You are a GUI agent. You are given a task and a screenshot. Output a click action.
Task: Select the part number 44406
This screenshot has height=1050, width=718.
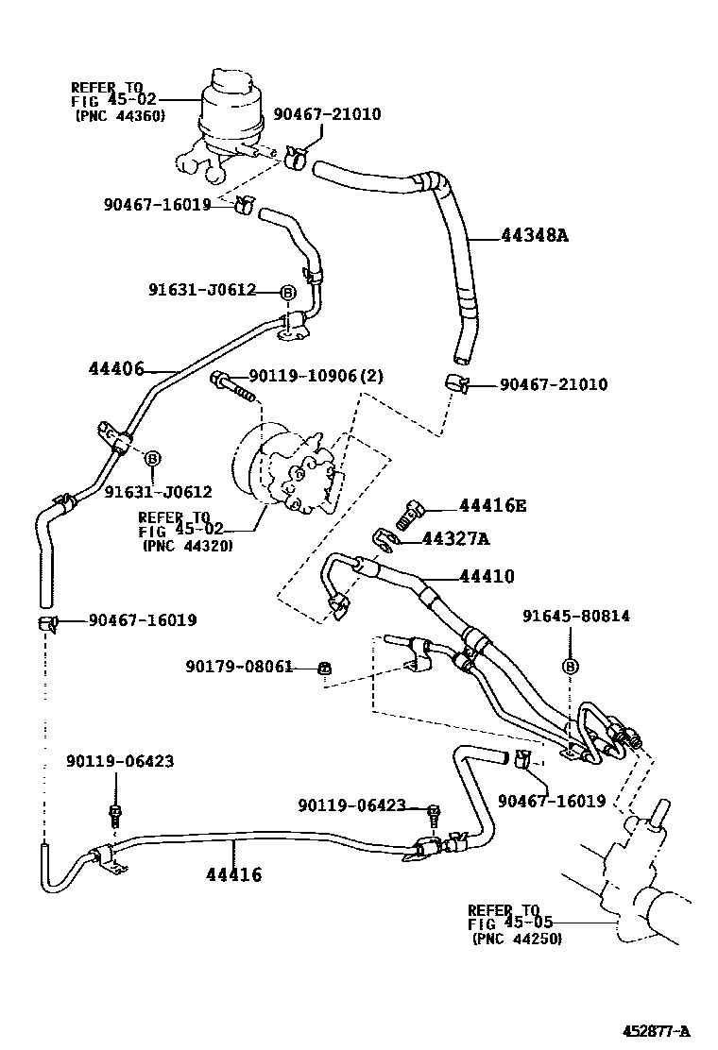(x=117, y=369)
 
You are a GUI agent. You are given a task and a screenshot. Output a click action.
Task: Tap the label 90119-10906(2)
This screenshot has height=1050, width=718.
(x=316, y=377)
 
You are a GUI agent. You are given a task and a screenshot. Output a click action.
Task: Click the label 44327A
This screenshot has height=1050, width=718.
(x=456, y=539)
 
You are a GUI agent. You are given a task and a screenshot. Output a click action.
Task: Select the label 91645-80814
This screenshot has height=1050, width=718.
(x=576, y=617)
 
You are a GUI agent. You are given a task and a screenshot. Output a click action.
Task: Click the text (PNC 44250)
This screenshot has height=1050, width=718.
(x=516, y=939)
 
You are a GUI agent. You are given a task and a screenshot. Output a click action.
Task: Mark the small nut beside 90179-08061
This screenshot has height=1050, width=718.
(x=324, y=669)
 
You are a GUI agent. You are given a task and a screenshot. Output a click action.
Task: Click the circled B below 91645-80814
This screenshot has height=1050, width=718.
(x=570, y=667)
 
